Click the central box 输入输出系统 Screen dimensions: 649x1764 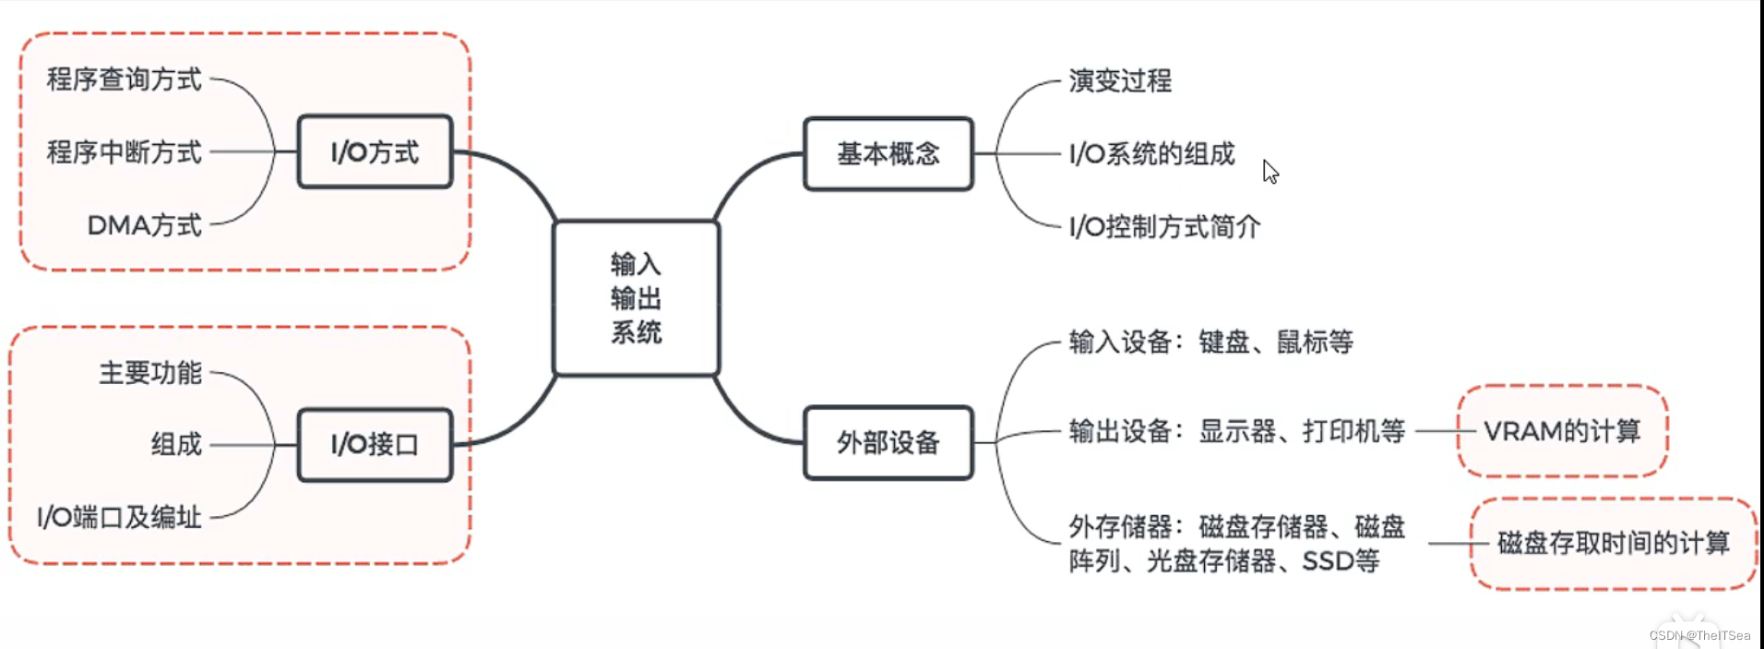click(636, 298)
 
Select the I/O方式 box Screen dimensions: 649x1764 click(375, 152)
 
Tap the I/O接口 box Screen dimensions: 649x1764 click(375, 445)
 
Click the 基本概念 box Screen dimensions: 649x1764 click(888, 154)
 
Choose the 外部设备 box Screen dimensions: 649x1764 click(888, 443)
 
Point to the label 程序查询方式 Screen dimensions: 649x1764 click(125, 79)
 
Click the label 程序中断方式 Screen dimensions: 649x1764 click(125, 152)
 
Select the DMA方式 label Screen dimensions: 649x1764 click(144, 225)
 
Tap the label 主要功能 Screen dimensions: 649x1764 click(150, 373)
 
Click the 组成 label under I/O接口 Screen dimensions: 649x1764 click(176, 445)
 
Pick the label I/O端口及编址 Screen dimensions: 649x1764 click(119, 517)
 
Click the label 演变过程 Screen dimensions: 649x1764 click(1120, 81)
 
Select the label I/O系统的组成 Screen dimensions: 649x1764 click(1151, 154)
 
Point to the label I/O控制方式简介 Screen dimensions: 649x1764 click(1164, 227)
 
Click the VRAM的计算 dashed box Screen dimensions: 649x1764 click(1562, 431)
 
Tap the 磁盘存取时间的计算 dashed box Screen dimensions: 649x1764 click(1613, 543)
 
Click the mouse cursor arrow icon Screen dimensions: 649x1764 click(1270, 172)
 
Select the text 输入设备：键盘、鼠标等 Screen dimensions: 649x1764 click(1210, 343)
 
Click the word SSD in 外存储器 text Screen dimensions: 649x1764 click(1329, 561)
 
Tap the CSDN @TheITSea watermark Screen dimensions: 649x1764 click(1699, 635)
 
